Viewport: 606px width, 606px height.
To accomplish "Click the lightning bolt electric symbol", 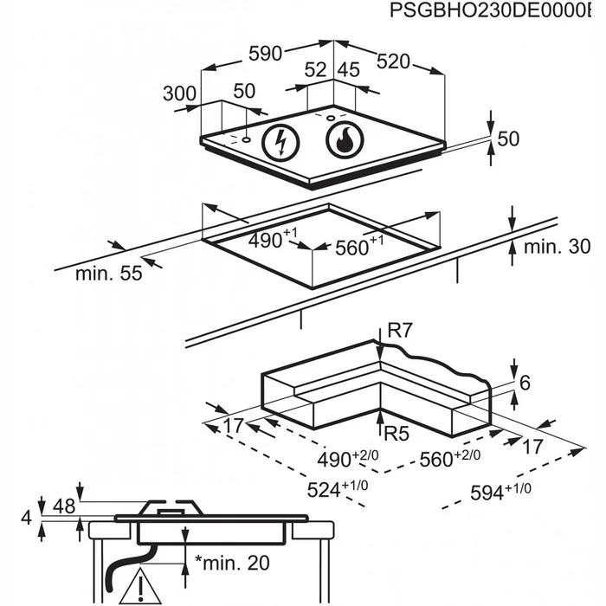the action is pyautogui.click(x=281, y=142).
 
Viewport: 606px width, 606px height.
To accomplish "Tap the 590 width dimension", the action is pyautogui.click(x=265, y=54).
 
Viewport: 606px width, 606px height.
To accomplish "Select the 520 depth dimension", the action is pyautogui.click(x=393, y=61).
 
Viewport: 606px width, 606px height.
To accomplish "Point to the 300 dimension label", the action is pyautogui.click(x=179, y=93).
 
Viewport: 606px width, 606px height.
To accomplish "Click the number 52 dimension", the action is pyautogui.click(x=315, y=70).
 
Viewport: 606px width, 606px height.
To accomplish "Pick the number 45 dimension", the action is pyautogui.click(x=349, y=70).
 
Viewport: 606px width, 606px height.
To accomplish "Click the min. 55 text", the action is pyautogui.click(x=109, y=274).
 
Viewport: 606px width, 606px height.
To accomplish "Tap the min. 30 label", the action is pyautogui.click(x=557, y=246).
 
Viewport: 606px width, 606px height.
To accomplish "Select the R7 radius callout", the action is pyautogui.click(x=400, y=331).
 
